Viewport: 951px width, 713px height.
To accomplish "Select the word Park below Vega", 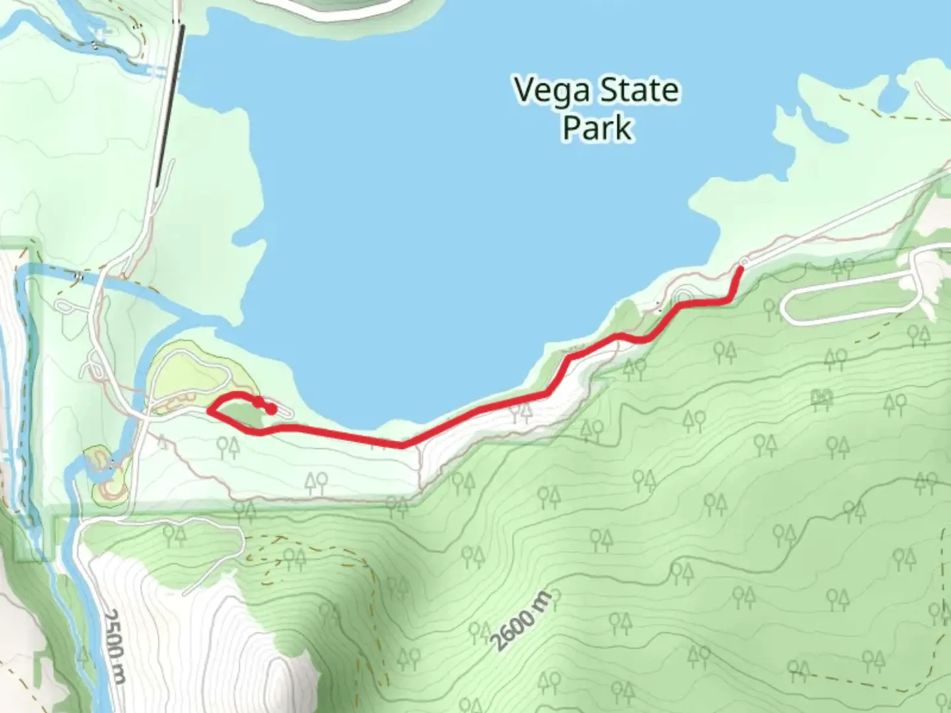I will [x=597, y=127].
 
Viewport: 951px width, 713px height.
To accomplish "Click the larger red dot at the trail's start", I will [x=271, y=409].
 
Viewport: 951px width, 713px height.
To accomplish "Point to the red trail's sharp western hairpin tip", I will [x=209, y=410].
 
